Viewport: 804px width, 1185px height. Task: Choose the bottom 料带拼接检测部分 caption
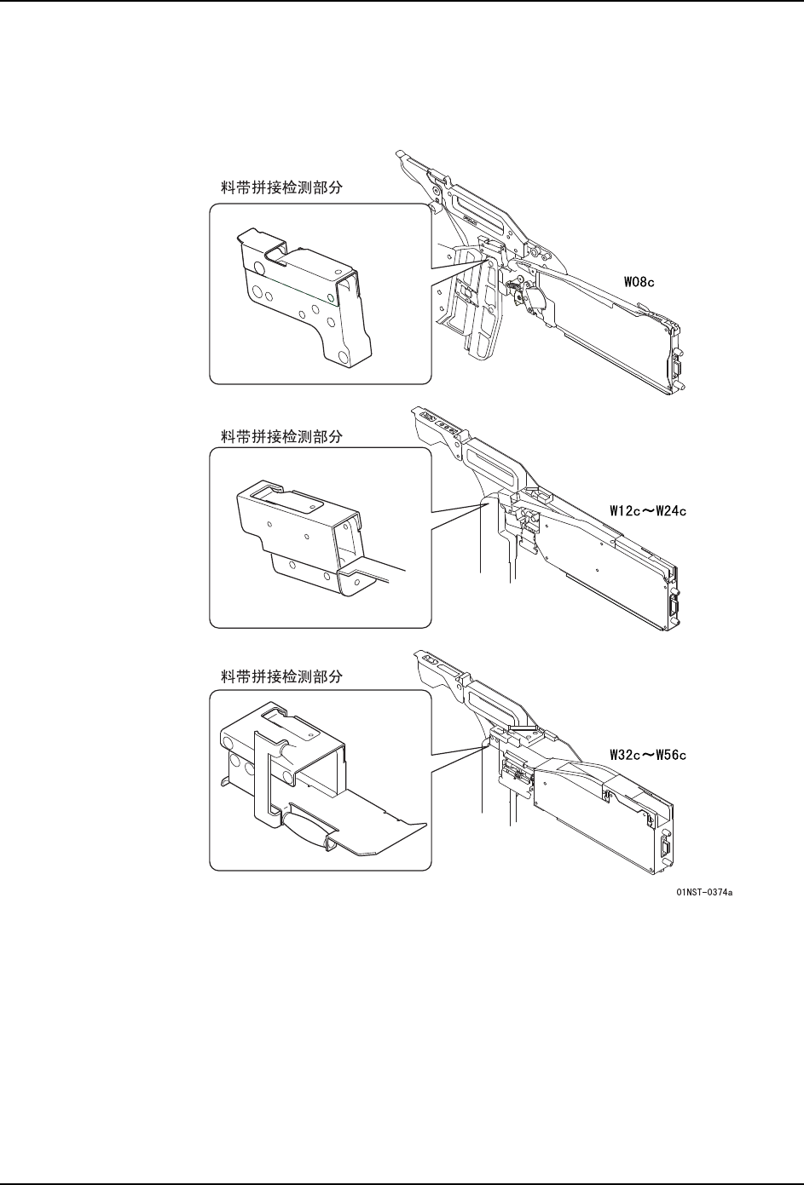(x=276, y=676)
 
